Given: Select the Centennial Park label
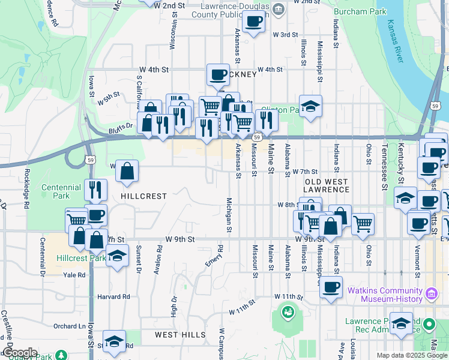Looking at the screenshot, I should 61,191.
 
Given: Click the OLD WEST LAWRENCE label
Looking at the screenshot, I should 327,185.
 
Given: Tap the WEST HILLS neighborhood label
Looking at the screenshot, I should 179,335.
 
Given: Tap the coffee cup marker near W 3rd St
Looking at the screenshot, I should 254,22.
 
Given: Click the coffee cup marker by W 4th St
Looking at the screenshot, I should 218,76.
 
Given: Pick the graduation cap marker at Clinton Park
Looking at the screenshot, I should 310,106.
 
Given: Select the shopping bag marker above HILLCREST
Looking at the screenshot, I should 127,171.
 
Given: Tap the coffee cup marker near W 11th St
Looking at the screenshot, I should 331,286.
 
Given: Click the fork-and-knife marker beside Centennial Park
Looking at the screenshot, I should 95,190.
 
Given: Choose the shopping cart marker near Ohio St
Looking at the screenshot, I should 363,224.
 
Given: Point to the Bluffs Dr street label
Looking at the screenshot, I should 121,126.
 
